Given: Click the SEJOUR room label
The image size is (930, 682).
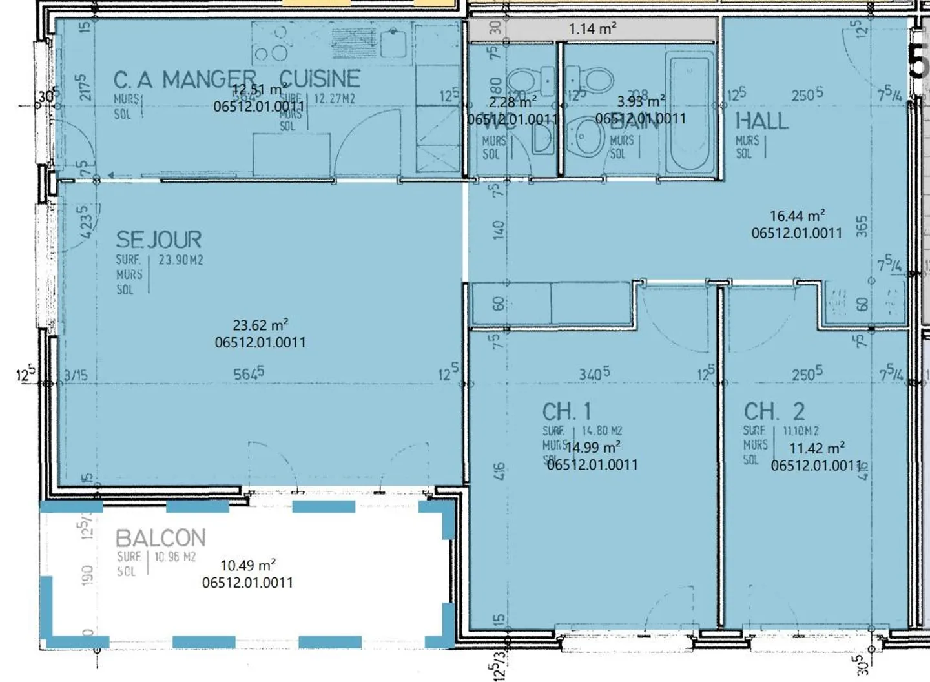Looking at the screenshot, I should click(158, 240).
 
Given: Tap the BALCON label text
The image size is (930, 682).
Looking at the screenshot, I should click(160, 538).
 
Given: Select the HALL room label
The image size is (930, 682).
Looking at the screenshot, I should click(761, 121).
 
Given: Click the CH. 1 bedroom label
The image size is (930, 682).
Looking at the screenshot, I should click(566, 411).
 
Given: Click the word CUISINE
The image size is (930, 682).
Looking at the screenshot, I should click(320, 78).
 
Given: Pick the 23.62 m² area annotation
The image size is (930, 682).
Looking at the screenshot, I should click(260, 325).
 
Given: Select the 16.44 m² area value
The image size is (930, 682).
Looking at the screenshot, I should click(797, 216).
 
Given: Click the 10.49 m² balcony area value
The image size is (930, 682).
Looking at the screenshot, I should click(248, 565).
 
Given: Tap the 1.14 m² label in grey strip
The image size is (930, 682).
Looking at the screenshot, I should click(592, 28).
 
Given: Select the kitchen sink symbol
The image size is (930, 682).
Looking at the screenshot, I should click(393, 43).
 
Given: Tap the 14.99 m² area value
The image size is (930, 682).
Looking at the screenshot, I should click(593, 448).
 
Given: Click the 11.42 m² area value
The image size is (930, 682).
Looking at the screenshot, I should click(817, 448).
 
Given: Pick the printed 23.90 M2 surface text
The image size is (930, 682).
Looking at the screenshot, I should click(180, 260).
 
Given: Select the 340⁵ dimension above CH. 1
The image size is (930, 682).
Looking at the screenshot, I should click(594, 374).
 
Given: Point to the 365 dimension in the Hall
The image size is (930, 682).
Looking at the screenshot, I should click(862, 226).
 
